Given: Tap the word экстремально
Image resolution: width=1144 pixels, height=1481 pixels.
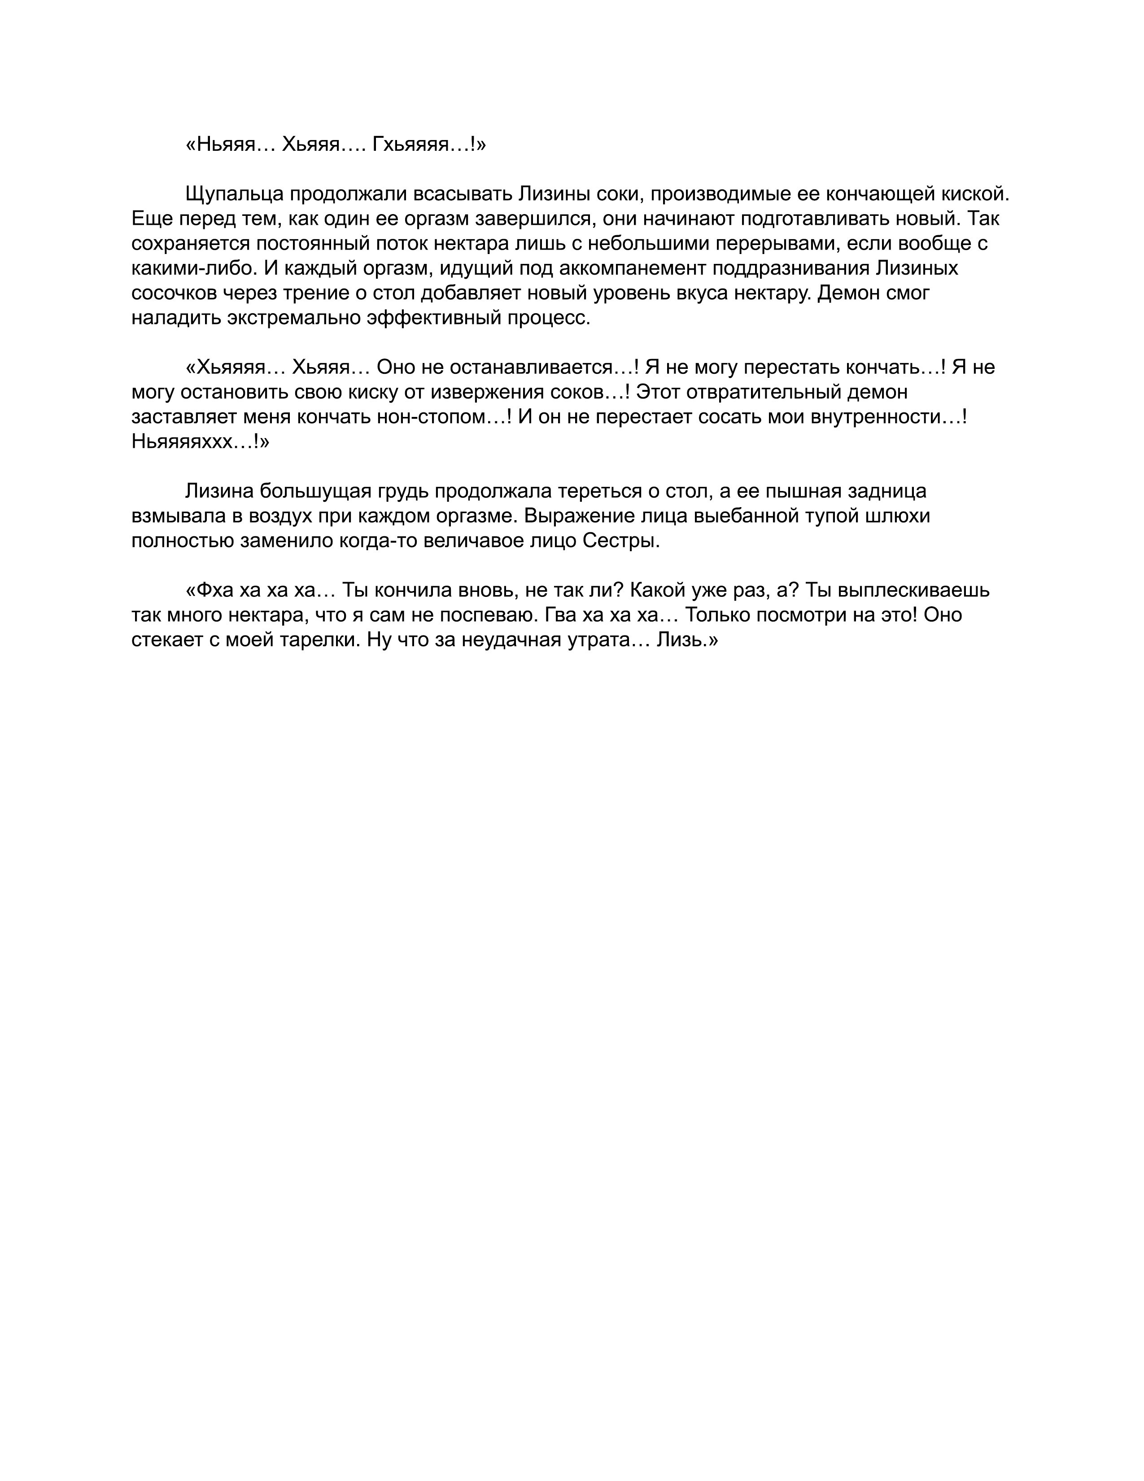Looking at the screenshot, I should click(x=293, y=318).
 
